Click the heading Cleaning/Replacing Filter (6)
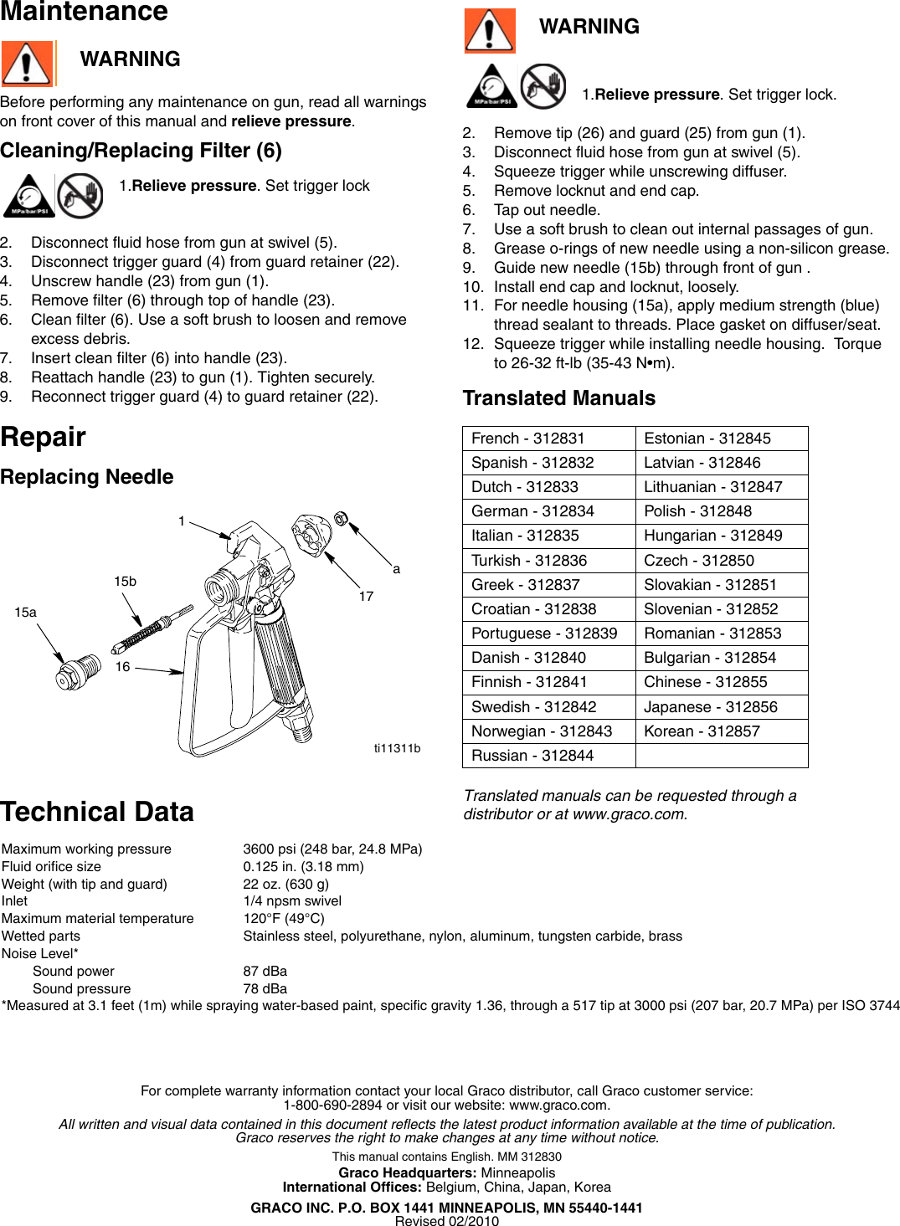click(141, 151)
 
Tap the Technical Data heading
click(97, 812)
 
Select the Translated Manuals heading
click(559, 398)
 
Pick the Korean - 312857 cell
click(702, 731)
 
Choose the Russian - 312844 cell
click(532, 756)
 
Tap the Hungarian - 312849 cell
click(712, 536)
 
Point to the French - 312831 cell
click(527, 439)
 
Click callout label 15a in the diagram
click(25, 613)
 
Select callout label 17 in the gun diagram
click(366, 597)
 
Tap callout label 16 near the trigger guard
click(122, 667)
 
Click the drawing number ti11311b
click(397, 748)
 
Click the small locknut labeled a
click(341, 519)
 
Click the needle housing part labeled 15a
click(71, 674)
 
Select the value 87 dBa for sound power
click(265, 972)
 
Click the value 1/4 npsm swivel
click(292, 901)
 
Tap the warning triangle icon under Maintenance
click(27, 63)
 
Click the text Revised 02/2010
click(446, 1221)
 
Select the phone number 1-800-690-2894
click(332, 1105)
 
